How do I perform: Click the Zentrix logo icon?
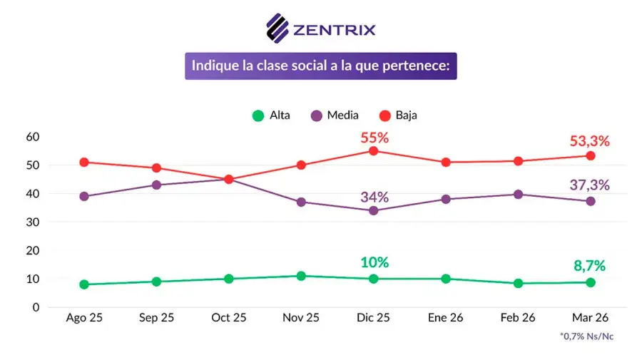point(277,28)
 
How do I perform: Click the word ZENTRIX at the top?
point(334,29)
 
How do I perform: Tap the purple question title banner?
point(320,66)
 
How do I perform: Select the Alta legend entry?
point(271,115)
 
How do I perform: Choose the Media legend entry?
point(335,115)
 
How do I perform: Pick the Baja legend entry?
point(397,115)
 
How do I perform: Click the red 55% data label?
point(374,138)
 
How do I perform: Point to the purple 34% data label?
point(374,197)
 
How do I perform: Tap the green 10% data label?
point(374,262)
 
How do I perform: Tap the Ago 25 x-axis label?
point(84,318)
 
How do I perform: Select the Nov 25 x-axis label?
point(301,318)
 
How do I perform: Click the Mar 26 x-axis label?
point(591,318)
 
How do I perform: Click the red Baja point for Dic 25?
point(374,151)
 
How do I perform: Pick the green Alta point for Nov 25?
point(301,276)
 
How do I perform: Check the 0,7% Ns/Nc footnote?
point(586,336)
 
